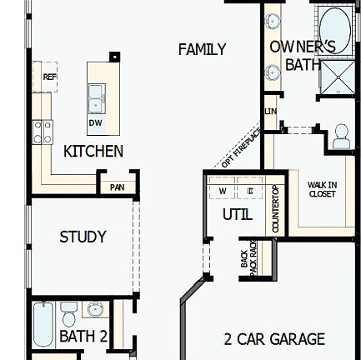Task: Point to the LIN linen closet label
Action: pos(270,109)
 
